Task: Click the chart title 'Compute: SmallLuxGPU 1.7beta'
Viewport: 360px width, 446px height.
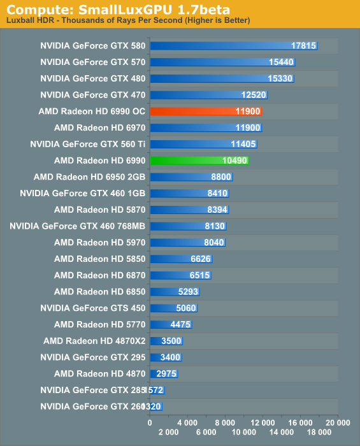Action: coord(119,10)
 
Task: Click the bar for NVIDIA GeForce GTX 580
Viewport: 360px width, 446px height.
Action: coord(233,46)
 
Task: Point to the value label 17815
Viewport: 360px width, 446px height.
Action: coord(303,46)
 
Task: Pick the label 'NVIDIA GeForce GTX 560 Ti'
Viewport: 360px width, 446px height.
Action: coord(88,145)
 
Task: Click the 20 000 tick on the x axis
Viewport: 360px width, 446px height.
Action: coord(337,422)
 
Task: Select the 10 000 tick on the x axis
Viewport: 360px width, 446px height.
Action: coord(243,432)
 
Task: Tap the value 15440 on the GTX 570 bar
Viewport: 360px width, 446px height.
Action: coord(281,62)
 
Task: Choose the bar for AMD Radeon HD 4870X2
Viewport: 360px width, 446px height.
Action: coord(166,341)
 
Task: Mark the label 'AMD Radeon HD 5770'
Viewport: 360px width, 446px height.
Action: coord(99,324)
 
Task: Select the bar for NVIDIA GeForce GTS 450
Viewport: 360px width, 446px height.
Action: coord(173,308)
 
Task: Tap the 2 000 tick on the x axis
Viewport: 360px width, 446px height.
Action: coord(168,432)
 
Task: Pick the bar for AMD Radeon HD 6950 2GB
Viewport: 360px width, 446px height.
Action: coord(191,177)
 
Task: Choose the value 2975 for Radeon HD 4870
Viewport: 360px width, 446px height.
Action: coord(164,374)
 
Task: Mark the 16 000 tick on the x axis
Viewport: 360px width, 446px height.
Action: coord(299,422)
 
